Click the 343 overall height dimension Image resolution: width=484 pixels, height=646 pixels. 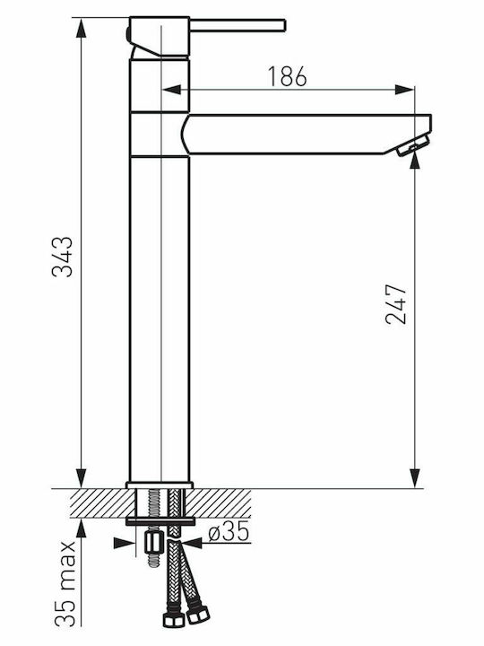click(x=63, y=257)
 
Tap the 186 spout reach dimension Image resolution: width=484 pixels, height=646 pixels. click(x=288, y=76)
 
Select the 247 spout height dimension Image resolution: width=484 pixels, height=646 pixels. click(x=396, y=303)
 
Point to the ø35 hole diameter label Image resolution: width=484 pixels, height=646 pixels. click(x=229, y=531)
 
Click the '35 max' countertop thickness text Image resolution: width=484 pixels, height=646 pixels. click(x=65, y=583)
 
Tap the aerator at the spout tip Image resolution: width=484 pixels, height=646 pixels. click(x=412, y=145)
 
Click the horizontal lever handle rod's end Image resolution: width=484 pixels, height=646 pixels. click(x=284, y=25)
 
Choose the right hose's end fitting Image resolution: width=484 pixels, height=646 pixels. click(x=197, y=615)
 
